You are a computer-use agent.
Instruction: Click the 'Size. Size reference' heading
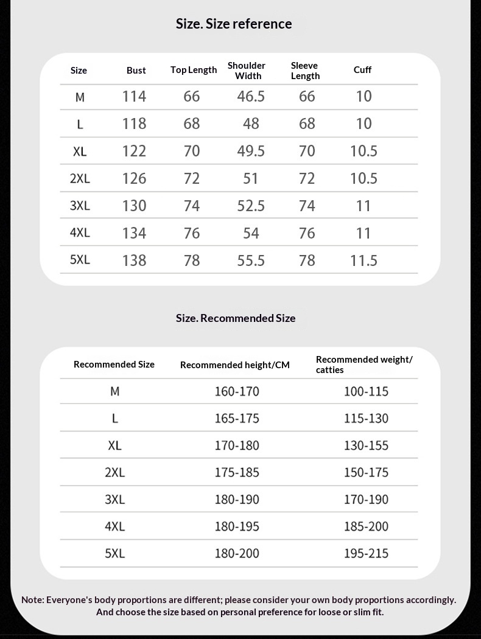point(234,24)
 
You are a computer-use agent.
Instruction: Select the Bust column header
point(136,71)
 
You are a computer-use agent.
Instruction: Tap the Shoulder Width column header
point(247,71)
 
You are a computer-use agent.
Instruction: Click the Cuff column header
point(362,70)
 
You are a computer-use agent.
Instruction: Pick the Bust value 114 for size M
point(134,96)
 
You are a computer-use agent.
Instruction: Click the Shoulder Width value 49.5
point(251,151)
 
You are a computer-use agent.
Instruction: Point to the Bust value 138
point(134,260)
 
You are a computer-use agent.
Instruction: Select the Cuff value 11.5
point(363,260)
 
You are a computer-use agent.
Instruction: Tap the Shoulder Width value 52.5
point(251,206)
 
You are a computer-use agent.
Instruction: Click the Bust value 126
point(134,178)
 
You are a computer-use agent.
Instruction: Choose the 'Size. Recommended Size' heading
point(236,318)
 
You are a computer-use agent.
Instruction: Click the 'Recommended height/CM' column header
point(235,365)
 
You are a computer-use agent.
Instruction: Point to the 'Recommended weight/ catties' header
point(364,365)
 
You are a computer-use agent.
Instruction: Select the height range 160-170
point(237,391)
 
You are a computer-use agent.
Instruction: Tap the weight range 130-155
point(366,445)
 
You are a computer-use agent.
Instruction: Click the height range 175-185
point(237,472)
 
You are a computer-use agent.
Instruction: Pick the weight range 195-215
point(366,553)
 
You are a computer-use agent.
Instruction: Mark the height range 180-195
point(237,526)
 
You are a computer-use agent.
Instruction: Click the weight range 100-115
point(366,391)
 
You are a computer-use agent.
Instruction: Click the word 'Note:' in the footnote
point(32,600)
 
